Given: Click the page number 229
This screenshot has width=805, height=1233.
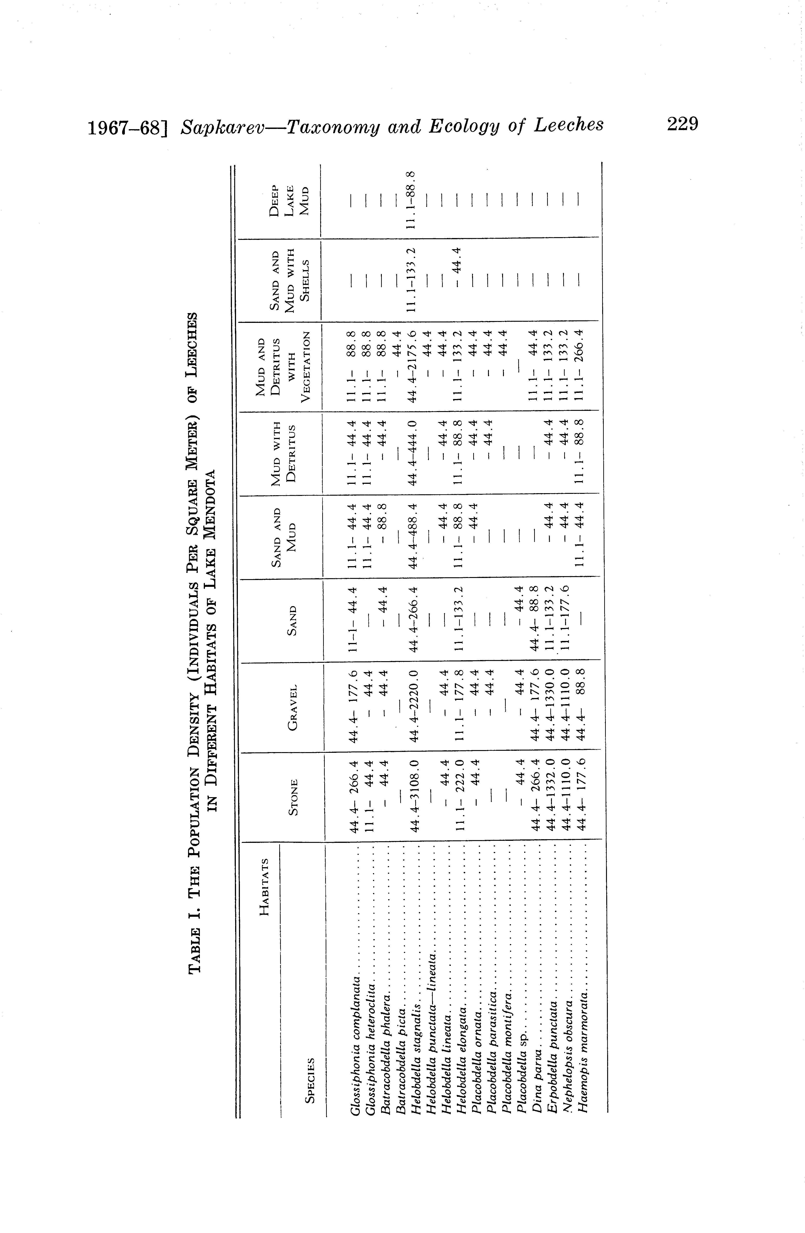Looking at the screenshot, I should (683, 125).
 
